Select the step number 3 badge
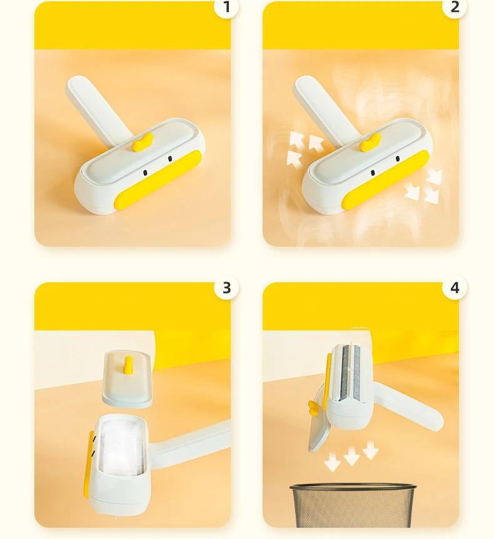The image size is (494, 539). pos(226,287)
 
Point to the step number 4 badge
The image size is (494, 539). pos(455,287)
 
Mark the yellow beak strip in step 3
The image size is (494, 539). pos(89,462)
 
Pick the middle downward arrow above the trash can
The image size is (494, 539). pos(352,458)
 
